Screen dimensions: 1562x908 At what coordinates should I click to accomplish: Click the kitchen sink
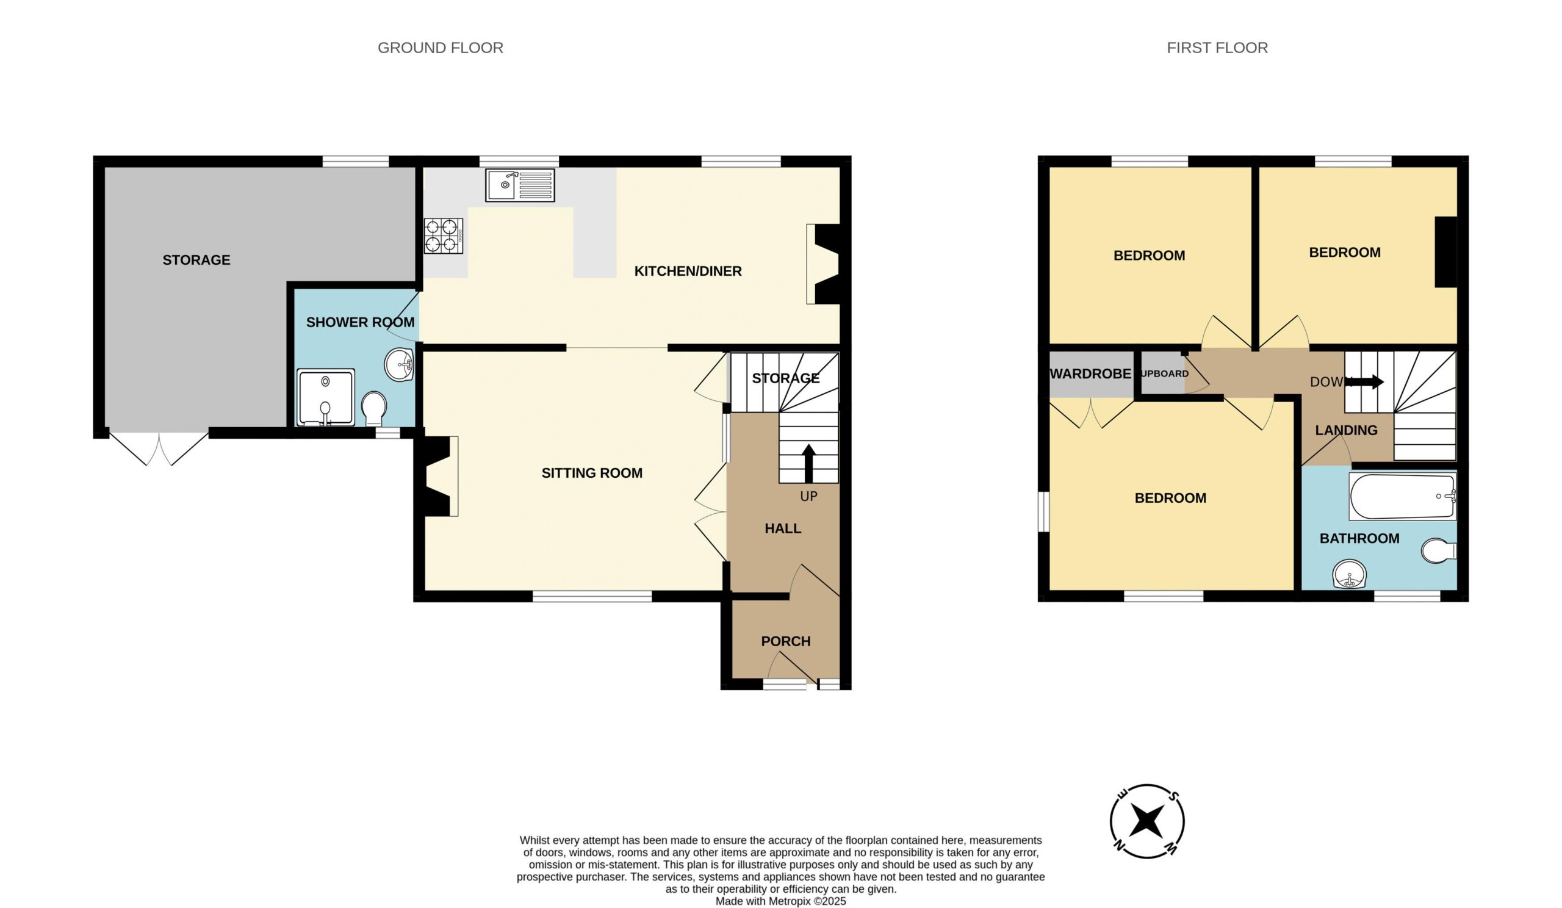(520, 185)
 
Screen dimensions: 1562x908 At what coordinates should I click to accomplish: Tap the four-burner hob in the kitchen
(443, 236)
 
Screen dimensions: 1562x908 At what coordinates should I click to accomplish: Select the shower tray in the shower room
(325, 397)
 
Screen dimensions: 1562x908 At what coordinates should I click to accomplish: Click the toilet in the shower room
(374, 408)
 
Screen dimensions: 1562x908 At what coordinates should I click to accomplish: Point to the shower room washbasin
(400, 365)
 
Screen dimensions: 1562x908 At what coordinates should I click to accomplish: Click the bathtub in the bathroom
(1402, 497)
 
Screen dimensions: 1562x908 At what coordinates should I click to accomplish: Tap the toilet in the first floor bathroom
(1438, 550)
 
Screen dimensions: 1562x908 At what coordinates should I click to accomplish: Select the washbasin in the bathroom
(1350, 574)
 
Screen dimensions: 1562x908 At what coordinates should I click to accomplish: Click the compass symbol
(1146, 821)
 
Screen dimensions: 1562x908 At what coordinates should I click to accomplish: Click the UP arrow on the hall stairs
(808, 464)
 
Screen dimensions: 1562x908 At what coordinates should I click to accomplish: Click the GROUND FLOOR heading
(440, 48)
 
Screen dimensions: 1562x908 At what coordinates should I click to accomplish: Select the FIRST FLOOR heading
(1217, 48)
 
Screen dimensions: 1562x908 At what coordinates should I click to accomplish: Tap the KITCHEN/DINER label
(688, 271)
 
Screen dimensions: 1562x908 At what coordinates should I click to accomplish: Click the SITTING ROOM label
(592, 473)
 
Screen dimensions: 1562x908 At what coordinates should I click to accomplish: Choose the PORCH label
(785, 641)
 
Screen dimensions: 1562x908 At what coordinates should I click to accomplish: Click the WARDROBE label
(1090, 373)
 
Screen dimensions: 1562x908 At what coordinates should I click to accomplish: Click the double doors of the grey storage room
(159, 447)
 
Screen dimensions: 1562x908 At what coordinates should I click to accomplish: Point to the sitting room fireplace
(441, 476)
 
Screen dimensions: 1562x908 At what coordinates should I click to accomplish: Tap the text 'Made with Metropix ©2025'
(780, 901)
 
